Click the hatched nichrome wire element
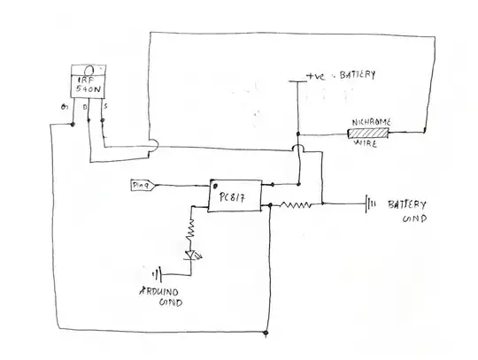367,134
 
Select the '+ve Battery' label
341,76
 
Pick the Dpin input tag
142,185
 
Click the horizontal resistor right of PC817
296,204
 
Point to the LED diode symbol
189,256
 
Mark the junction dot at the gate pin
52,126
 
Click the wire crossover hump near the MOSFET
153,143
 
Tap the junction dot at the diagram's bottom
266,333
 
